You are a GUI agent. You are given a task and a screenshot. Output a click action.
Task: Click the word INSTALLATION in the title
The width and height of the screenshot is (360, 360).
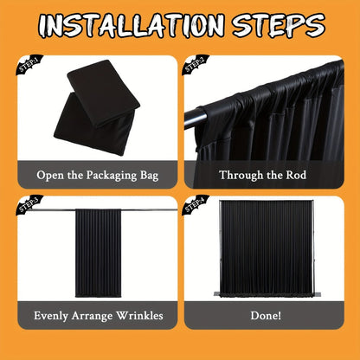tap(132, 25)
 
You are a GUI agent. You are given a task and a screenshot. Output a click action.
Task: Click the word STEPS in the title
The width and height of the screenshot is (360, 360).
tap(279, 25)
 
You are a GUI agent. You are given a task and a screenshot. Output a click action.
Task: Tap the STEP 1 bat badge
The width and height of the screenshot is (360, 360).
tap(29, 64)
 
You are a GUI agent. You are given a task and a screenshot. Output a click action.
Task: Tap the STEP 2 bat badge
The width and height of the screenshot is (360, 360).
tap(196, 64)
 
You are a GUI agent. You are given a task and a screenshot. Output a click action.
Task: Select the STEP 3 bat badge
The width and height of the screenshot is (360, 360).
tap(29, 205)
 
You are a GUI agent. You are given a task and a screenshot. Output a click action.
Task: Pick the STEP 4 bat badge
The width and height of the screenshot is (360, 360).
tap(196, 205)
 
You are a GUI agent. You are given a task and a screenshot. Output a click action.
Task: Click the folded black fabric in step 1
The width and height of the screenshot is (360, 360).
tap(97, 107)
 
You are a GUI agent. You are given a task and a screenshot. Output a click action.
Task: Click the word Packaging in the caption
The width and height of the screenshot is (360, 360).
tap(112, 176)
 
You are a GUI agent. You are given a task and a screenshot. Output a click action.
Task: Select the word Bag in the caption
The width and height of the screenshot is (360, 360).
tap(150, 176)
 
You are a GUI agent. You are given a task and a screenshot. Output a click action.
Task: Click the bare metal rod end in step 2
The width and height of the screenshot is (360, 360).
tap(195, 118)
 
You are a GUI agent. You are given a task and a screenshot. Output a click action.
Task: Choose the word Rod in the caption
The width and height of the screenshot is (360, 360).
tap(296, 175)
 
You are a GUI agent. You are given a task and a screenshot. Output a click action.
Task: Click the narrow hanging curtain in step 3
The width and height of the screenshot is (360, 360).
tap(99, 254)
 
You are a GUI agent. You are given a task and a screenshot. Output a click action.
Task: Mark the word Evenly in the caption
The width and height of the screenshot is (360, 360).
tap(51, 316)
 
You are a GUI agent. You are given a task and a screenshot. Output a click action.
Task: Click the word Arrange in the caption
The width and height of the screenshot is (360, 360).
tap(92, 316)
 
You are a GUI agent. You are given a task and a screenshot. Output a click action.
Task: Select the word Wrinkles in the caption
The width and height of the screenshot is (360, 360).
tap(139, 315)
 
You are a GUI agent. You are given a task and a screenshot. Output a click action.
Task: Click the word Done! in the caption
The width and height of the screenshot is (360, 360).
tap(266, 315)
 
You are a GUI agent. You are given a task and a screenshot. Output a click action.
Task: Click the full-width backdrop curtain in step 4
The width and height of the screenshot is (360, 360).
tap(266, 248)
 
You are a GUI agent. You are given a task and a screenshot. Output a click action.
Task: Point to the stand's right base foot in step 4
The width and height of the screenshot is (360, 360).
tap(317, 294)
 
